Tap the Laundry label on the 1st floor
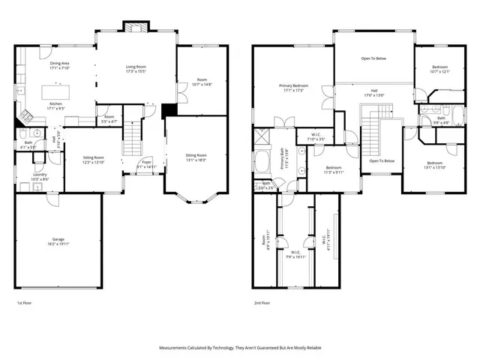pos(40,177)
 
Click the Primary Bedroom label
pos(286,88)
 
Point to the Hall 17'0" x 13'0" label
pos(373,93)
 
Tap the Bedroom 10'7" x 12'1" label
pos(440,70)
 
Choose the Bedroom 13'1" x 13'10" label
pos(435,165)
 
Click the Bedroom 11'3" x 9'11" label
pos(334,169)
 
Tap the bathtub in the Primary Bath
pos(263,162)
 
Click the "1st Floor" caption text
pos(24,304)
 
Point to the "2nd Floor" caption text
pos(262,304)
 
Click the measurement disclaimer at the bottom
pos(239,348)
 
